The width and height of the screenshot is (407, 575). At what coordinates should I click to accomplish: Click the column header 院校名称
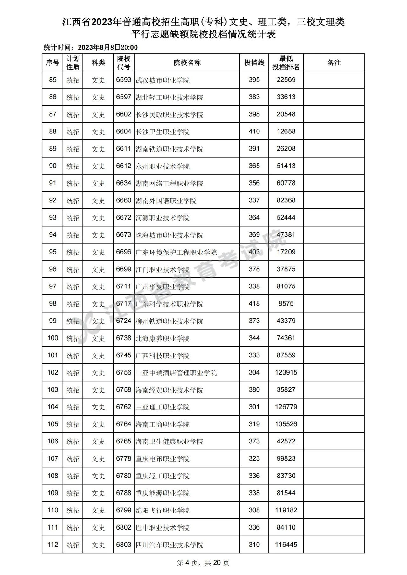(187, 63)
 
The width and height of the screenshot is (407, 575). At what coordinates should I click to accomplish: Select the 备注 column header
(334, 63)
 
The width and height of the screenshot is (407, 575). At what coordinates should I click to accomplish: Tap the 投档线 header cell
(254, 63)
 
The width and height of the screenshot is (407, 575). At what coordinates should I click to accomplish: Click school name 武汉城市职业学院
(162, 80)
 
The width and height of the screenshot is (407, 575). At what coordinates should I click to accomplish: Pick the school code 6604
(123, 132)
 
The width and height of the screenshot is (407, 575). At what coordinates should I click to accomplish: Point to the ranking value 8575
(286, 304)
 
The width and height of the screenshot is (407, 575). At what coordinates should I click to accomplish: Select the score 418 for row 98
(254, 304)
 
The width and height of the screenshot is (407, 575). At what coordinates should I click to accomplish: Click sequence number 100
(53, 338)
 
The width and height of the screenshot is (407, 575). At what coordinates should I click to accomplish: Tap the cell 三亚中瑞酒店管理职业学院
(176, 373)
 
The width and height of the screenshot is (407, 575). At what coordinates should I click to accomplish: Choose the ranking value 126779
(286, 407)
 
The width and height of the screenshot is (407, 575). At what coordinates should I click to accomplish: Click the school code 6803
(123, 545)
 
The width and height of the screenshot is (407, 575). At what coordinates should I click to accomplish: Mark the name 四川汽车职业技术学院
(169, 545)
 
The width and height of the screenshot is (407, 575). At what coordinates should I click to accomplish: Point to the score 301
(254, 407)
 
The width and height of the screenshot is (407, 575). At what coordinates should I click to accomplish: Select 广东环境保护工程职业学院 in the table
(176, 252)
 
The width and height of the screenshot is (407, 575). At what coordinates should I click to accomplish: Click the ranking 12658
(286, 132)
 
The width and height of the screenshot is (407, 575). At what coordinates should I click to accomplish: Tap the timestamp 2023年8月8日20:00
(108, 48)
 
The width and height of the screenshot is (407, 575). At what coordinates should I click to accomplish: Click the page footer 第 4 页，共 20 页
(203, 563)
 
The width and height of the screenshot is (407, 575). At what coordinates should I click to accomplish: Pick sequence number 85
(53, 80)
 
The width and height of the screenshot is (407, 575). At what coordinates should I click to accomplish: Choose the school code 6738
(123, 338)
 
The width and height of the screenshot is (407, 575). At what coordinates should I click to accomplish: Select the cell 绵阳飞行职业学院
(162, 511)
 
